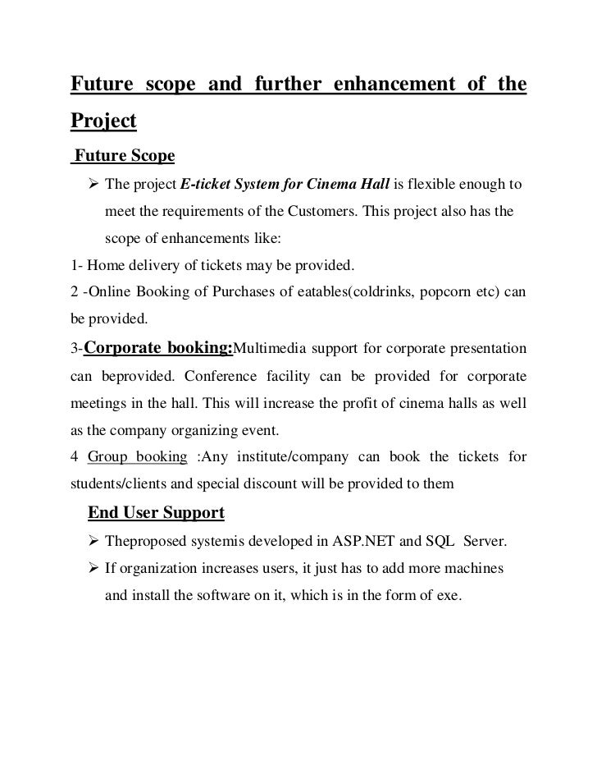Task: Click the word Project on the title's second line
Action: coord(103,121)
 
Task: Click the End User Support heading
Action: coord(156,513)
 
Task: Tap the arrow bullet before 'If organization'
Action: coord(92,568)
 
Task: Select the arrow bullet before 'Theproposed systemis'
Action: coord(92,541)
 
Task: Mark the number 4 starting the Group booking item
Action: coord(71,456)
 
